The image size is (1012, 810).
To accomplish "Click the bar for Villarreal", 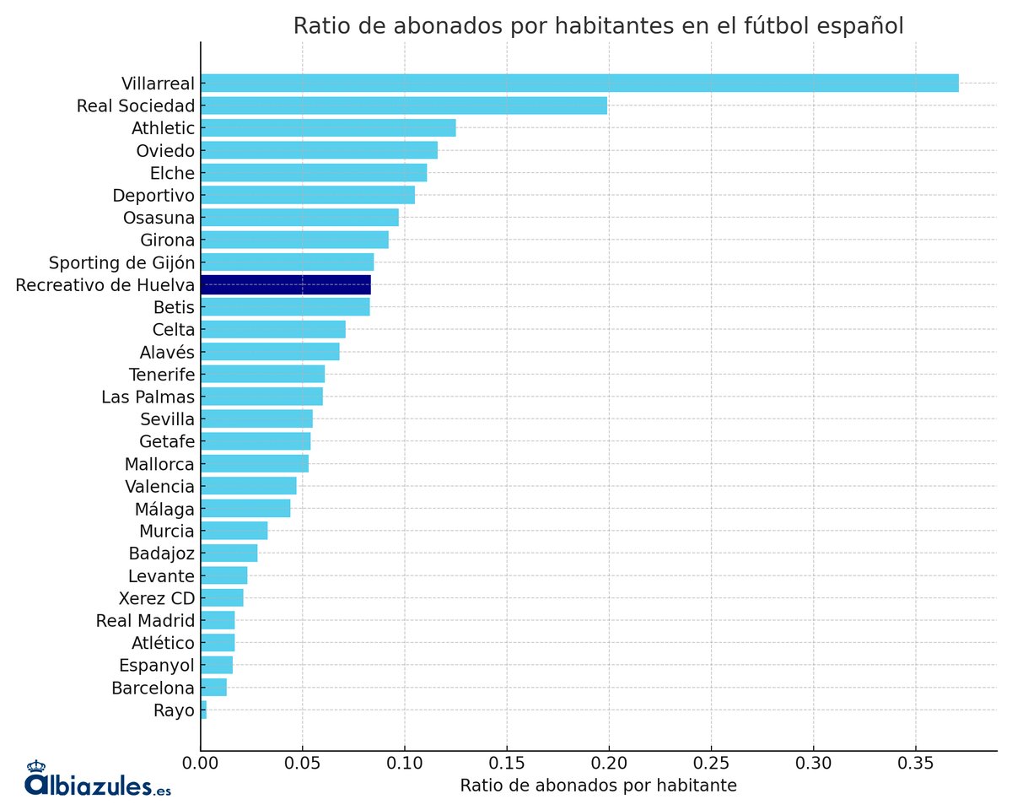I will (x=579, y=83).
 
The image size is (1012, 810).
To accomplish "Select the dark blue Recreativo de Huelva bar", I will (x=286, y=284).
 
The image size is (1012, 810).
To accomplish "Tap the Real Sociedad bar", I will (x=404, y=105).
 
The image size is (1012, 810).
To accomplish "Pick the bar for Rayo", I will (x=203, y=710).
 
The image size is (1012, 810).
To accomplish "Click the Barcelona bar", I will (x=214, y=688).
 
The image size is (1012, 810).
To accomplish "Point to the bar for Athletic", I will (x=328, y=128).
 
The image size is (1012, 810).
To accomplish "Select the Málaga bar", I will (x=245, y=509).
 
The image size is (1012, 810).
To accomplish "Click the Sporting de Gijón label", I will (x=121, y=262).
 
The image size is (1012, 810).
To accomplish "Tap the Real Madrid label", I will (x=146, y=621).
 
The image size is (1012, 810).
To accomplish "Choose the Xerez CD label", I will (x=157, y=598).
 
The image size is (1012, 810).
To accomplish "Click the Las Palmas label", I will (x=148, y=397).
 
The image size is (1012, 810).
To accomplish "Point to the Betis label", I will (x=174, y=307).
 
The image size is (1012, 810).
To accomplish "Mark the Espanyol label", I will (x=157, y=666).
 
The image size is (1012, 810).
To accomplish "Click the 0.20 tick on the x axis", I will (x=609, y=764).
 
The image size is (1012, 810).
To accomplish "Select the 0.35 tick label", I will (x=915, y=764).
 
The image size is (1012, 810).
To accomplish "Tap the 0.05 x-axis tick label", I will (x=303, y=764).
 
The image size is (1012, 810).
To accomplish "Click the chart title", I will (x=598, y=26).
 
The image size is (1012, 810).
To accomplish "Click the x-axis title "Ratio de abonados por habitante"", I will (x=598, y=786).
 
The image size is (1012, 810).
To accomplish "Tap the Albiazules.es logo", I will (x=98, y=785).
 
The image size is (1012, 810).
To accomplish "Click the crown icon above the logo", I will (x=36, y=766).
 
